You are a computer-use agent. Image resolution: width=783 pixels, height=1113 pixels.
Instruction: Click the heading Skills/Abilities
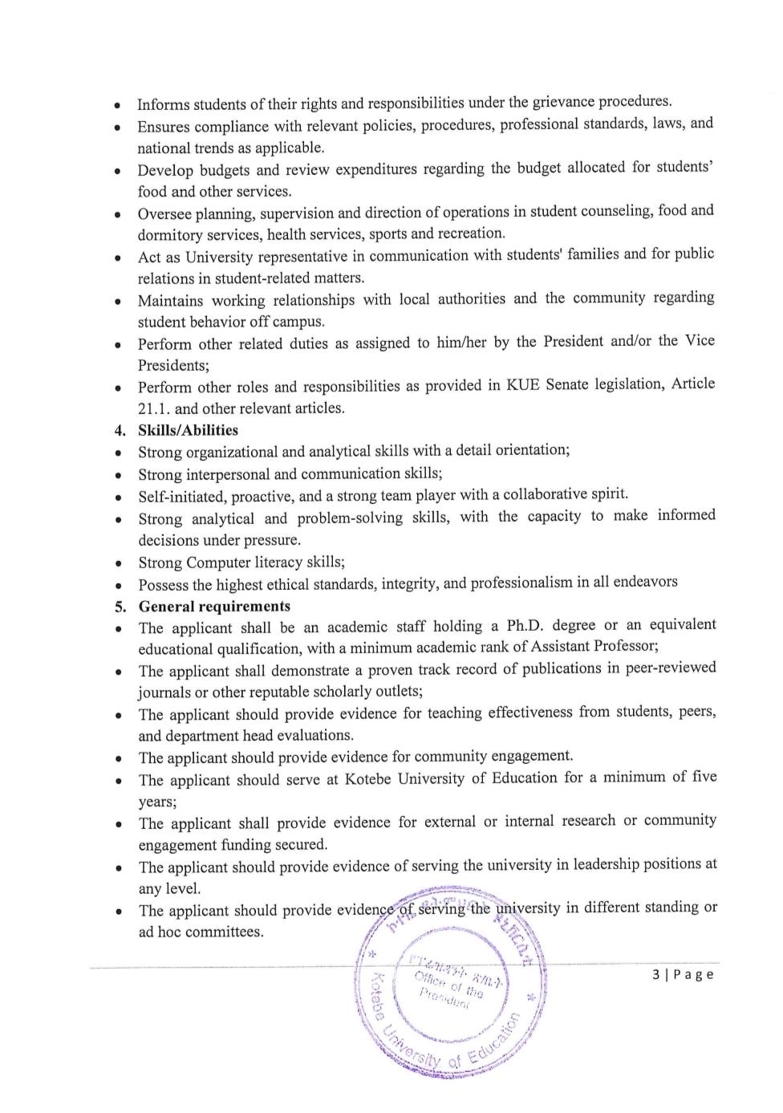click(x=188, y=430)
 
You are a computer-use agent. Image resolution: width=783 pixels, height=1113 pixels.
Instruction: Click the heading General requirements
click(x=214, y=607)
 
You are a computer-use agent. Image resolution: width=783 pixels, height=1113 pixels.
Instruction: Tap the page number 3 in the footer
click(x=657, y=974)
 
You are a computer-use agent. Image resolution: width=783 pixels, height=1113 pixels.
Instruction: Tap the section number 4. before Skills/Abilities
click(x=120, y=430)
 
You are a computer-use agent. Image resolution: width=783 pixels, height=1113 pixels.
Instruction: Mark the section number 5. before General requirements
click(x=120, y=607)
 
